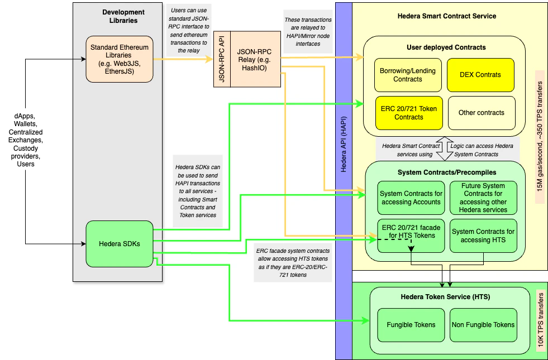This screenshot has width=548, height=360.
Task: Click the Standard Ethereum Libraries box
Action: click(x=120, y=59)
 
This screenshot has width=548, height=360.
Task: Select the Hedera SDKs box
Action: click(x=120, y=243)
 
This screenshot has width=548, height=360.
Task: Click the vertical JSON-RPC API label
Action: click(x=222, y=59)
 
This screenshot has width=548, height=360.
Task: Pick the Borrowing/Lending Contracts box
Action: click(x=408, y=75)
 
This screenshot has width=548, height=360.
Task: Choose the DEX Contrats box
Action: click(x=480, y=75)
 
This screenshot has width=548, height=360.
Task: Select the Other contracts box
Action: click(x=480, y=113)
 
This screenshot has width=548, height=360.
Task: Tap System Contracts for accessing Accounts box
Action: click(x=411, y=198)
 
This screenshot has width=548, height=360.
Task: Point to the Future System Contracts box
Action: click(x=483, y=198)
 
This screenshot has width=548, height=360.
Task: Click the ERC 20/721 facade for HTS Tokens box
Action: click(x=411, y=236)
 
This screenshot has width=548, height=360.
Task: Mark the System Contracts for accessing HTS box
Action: click(x=483, y=236)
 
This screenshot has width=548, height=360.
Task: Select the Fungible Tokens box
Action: click(x=411, y=324)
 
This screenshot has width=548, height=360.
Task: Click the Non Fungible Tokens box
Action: click(x=483, y=324)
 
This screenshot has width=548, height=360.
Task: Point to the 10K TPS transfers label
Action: click(x=540, y=320)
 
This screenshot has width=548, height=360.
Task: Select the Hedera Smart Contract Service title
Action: click(x=446, y=16)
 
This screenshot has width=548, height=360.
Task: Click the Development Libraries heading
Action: click(x=123, y=16)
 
